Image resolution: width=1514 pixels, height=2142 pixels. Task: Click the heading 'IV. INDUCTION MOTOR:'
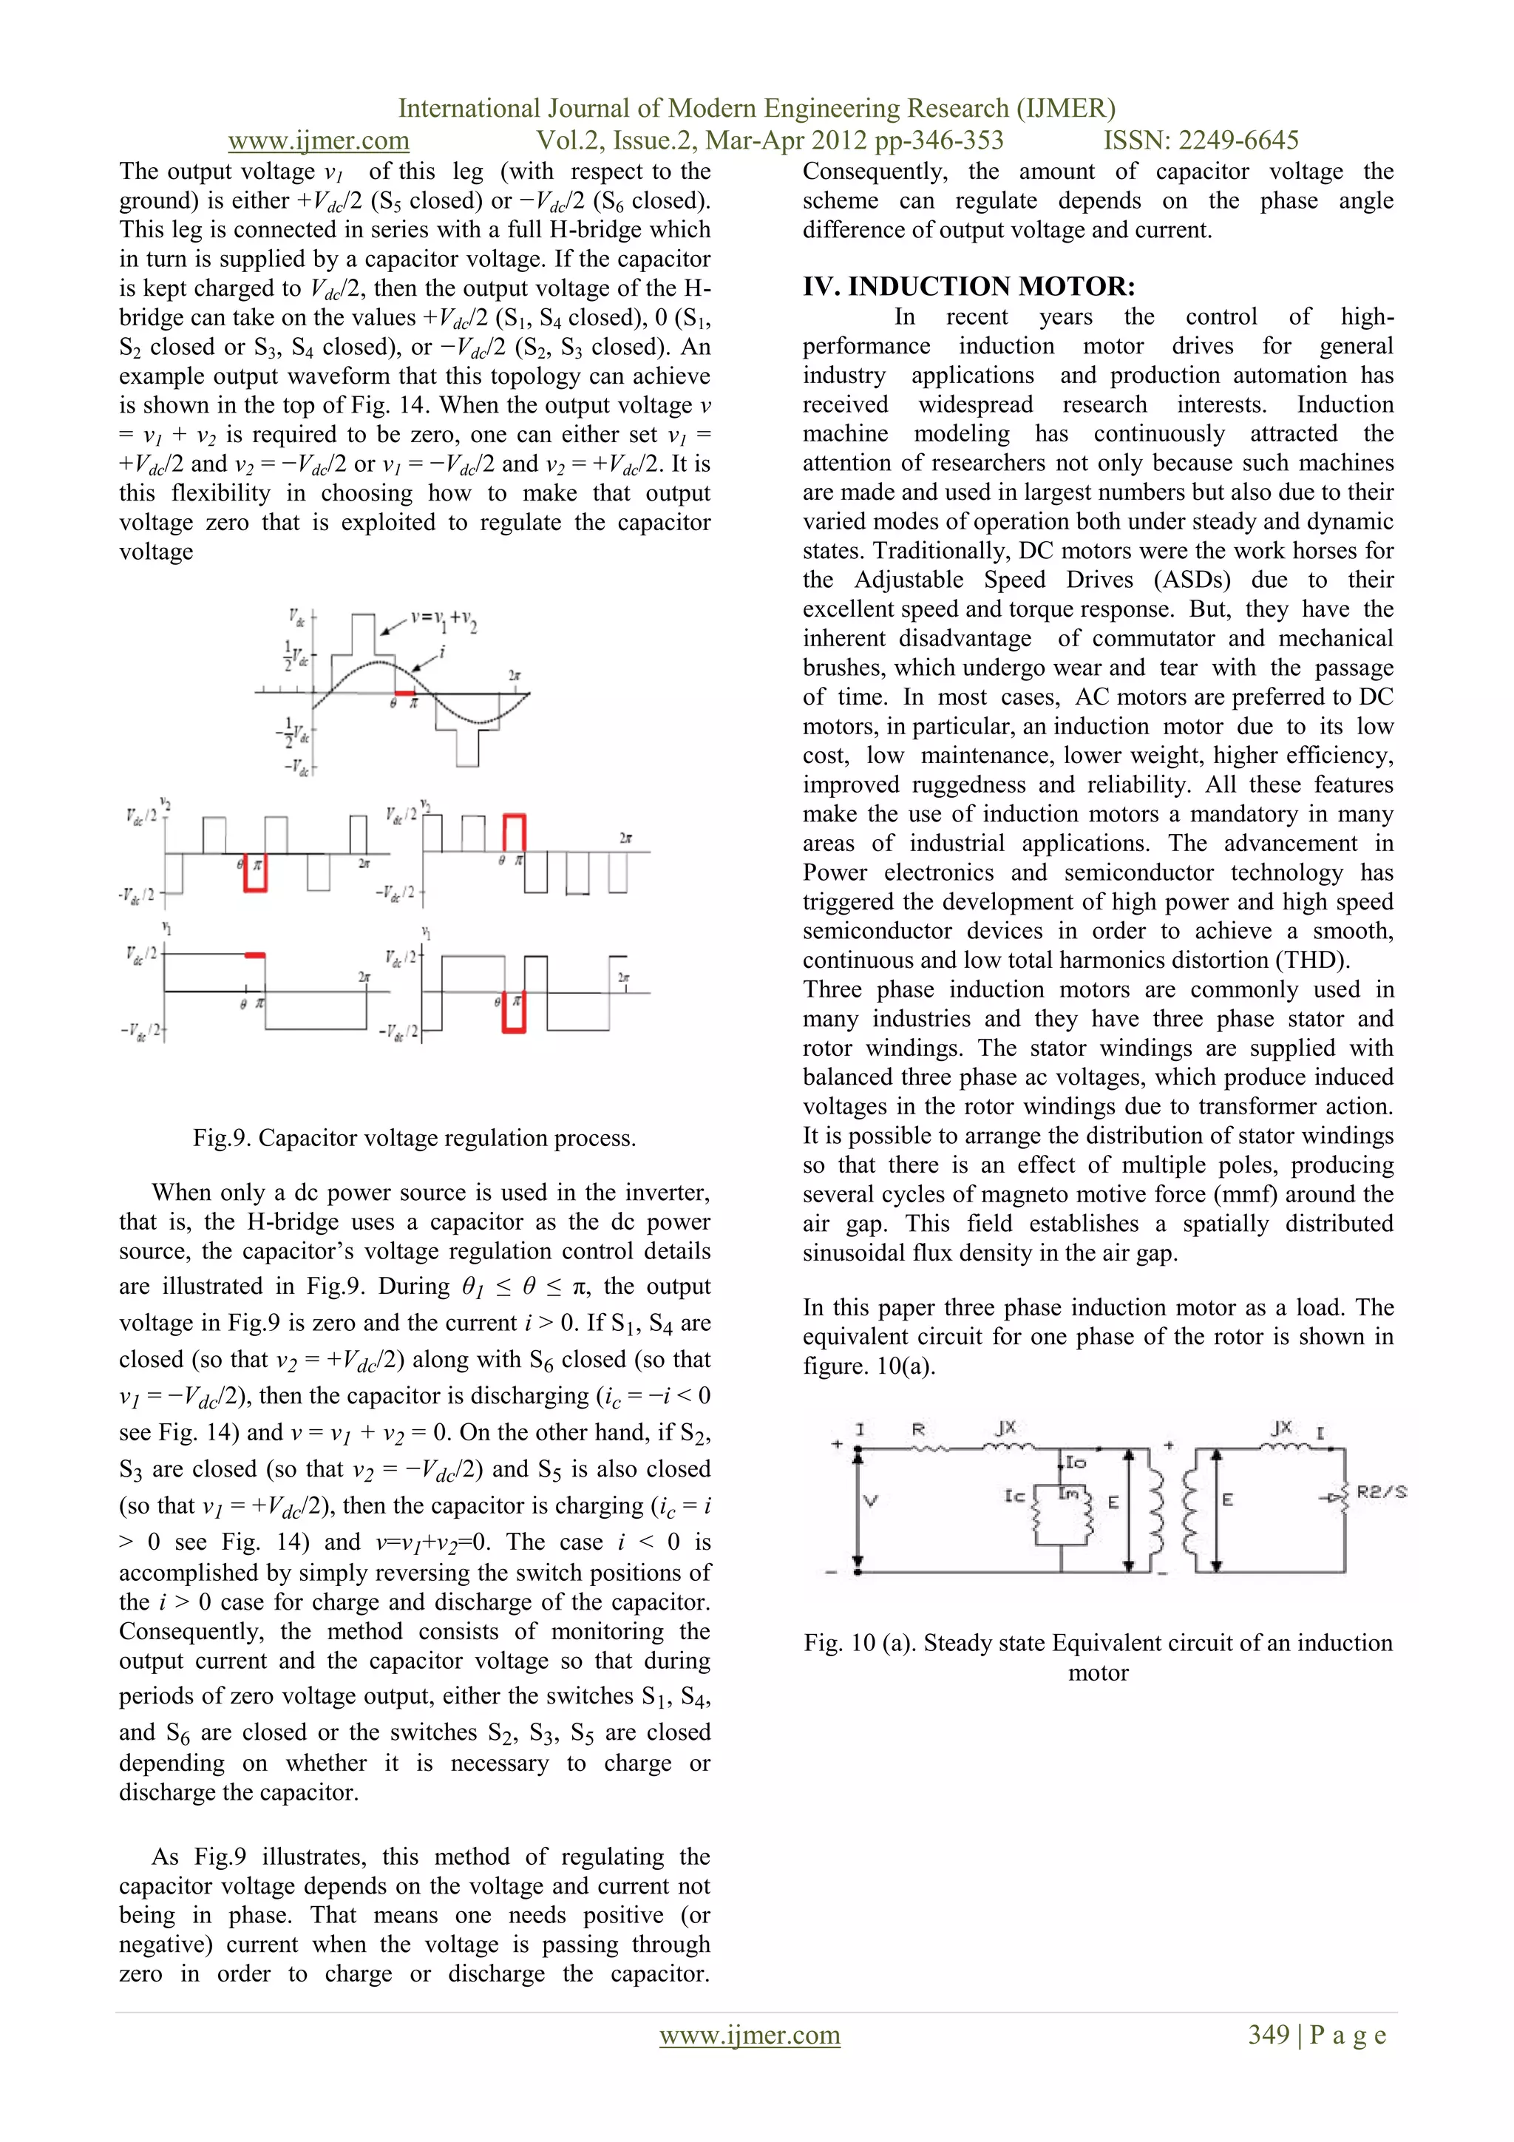pyautogui.click(x=968, y=286)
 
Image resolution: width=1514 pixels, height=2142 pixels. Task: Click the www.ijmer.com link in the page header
pyautogui.click(x=318, y=141)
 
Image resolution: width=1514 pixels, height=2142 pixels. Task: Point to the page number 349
pyautogui.click(x=1269, y=2035)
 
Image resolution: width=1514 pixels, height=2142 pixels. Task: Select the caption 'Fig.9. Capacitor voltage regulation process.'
pyautogui.click(x=414, y=1138)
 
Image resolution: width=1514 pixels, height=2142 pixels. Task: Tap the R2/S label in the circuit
pyautogui.click(x=1381, y=1492)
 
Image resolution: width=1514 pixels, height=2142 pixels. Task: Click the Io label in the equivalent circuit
pyautogui.click(x=1076, y=1462)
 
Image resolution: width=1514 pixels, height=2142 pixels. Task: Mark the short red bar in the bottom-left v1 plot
pyautogui.click(x=254, y=955)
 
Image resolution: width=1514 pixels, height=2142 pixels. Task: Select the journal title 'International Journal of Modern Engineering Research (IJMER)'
pyautogui.click(x=756, y=108)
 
